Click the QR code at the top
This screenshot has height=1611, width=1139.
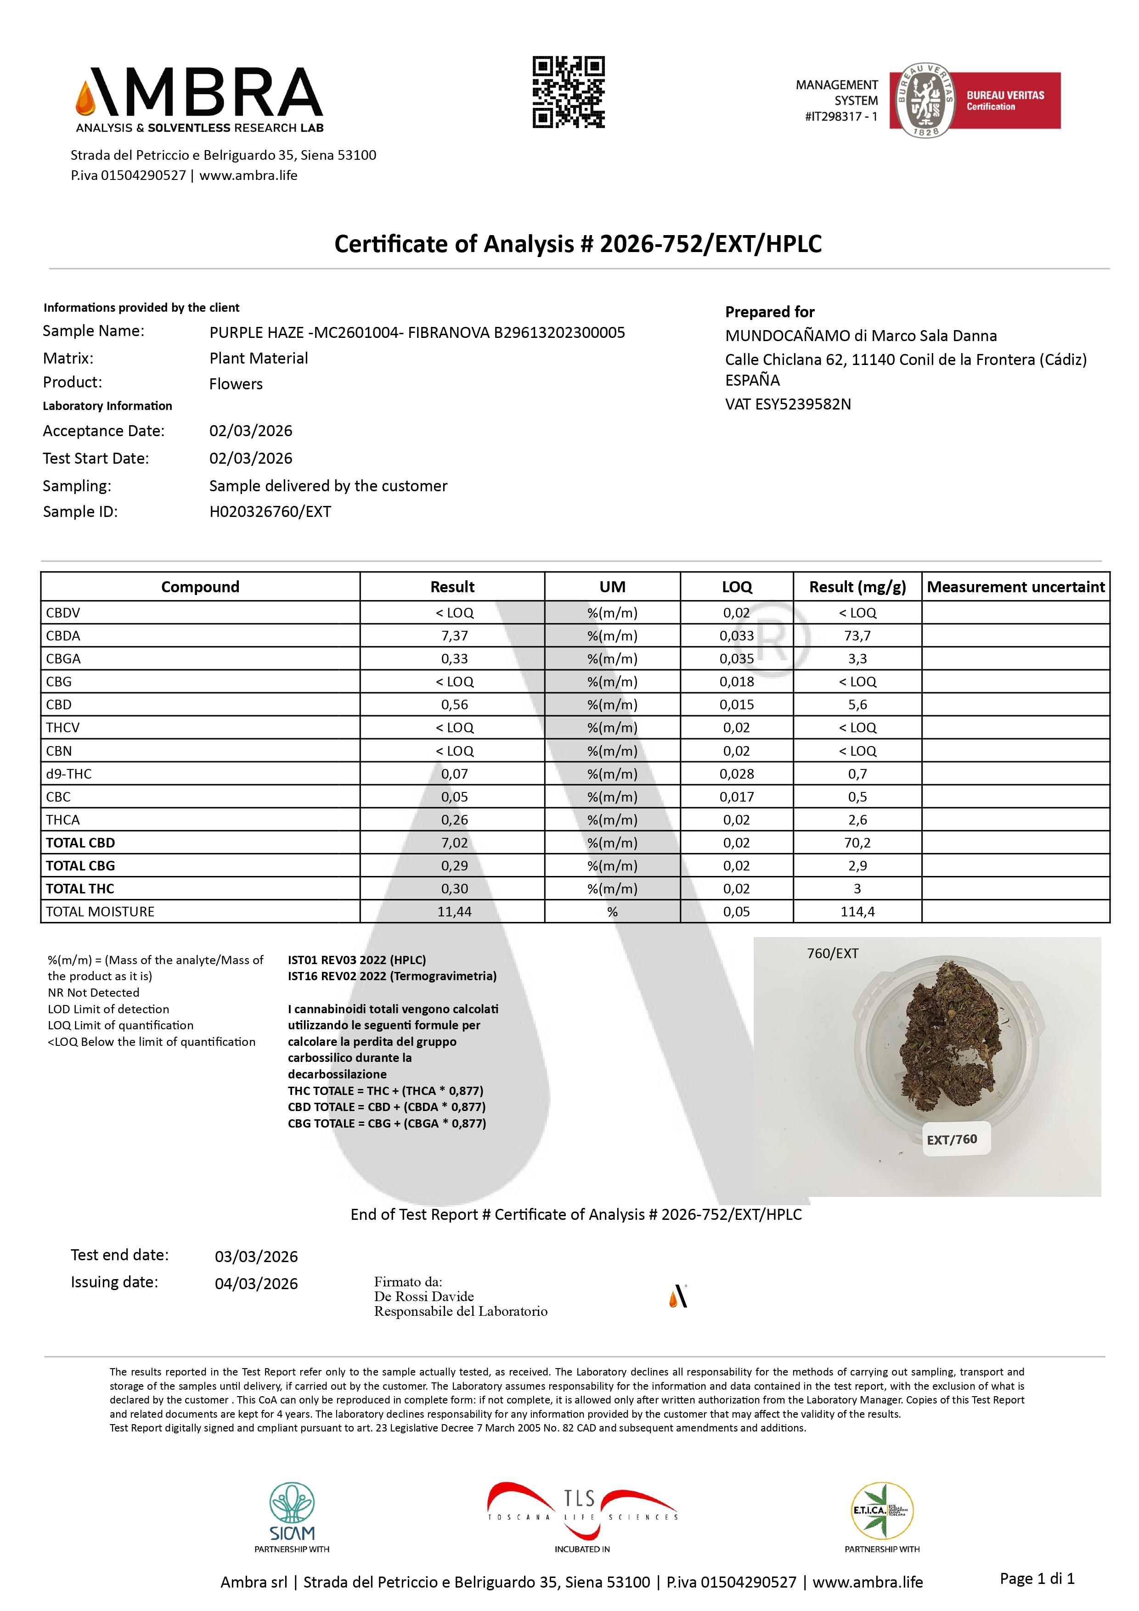click(569, 92)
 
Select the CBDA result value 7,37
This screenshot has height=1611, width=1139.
click(454, 636)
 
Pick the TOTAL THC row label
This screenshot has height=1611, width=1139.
click(80, 888)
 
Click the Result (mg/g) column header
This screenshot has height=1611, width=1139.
click(857, 587)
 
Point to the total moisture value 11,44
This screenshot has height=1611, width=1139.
click(454, 911)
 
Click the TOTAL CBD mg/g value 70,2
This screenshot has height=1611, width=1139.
click(857, 843)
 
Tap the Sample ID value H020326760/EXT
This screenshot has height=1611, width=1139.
click(270, 511)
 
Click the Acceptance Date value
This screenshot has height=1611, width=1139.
click(251, 431)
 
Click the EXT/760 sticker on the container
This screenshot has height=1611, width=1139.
click(952, 1139)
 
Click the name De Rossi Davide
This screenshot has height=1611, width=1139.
click(424, 1296)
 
